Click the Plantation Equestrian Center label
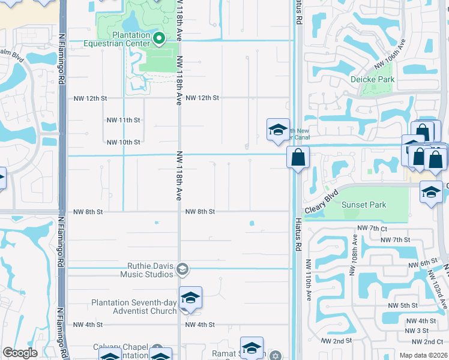coord(122,40)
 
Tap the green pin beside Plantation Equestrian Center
coord(159,40)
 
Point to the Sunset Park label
coord(364,205)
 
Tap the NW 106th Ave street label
coord(390,54)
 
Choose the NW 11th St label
coord(123,120)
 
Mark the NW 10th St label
coord(123,142)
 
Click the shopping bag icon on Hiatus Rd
coord(298,158)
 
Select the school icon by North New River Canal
coord(278,130)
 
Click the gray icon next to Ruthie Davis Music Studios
coord(184,269)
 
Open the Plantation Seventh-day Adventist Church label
coord(134,307)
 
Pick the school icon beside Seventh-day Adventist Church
coord(190,298)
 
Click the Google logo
coord(20,353)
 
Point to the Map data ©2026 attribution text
coord(423,355)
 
